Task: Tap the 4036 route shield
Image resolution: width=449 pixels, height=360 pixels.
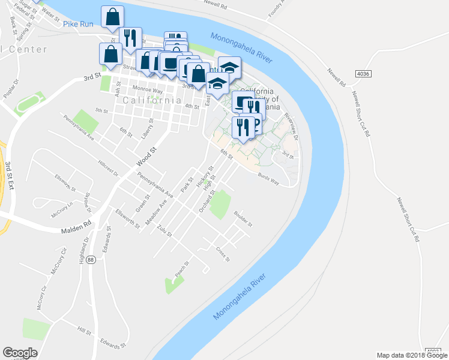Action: pos(363,73)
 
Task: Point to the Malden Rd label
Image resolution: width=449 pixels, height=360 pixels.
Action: pos(76,228)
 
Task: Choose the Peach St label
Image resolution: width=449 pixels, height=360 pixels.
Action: pos(181,269)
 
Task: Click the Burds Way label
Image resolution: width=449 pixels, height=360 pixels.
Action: pos(268,178)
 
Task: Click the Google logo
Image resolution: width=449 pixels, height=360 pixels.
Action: pos(20,353)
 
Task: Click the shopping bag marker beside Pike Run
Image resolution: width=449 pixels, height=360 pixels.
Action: pos(112,17)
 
